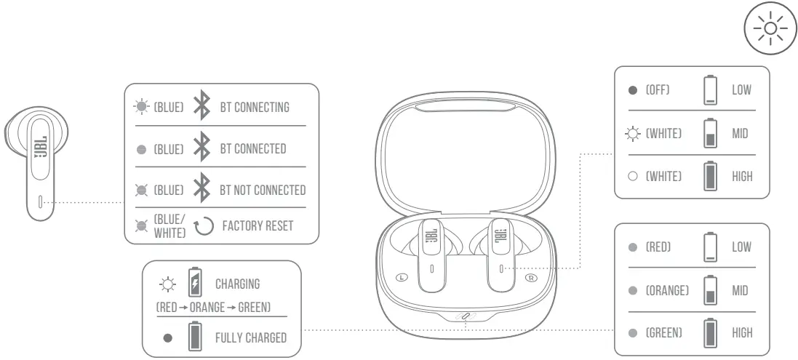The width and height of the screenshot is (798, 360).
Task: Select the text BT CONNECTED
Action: (252, 148)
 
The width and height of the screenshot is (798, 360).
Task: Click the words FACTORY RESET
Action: (258, 225)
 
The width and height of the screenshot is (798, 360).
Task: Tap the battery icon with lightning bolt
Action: (194, 282)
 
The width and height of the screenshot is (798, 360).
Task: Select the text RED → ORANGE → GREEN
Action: (213, 308)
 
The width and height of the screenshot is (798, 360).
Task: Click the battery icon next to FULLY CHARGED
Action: (194, 338)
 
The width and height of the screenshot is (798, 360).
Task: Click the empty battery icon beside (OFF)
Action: (711, 89)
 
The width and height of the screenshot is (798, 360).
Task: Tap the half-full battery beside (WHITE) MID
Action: (711, 134)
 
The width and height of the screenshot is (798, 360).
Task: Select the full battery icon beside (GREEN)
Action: (711, 333)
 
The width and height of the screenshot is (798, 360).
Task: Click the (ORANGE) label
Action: (668, 290)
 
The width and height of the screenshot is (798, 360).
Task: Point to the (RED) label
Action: (658, 247)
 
